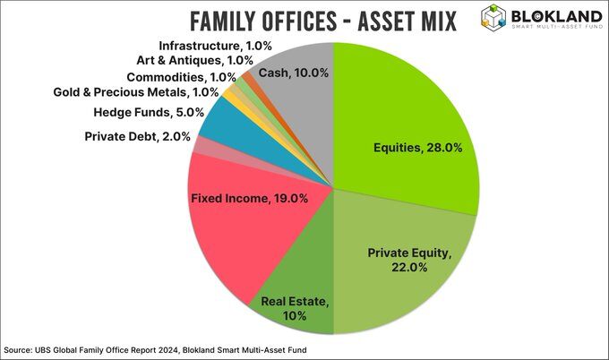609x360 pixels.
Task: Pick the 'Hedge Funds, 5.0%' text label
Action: (x=150, y=113)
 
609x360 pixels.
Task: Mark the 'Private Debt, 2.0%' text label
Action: (x=139, y=136)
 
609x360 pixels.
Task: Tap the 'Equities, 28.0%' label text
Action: (x=417, y=148)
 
